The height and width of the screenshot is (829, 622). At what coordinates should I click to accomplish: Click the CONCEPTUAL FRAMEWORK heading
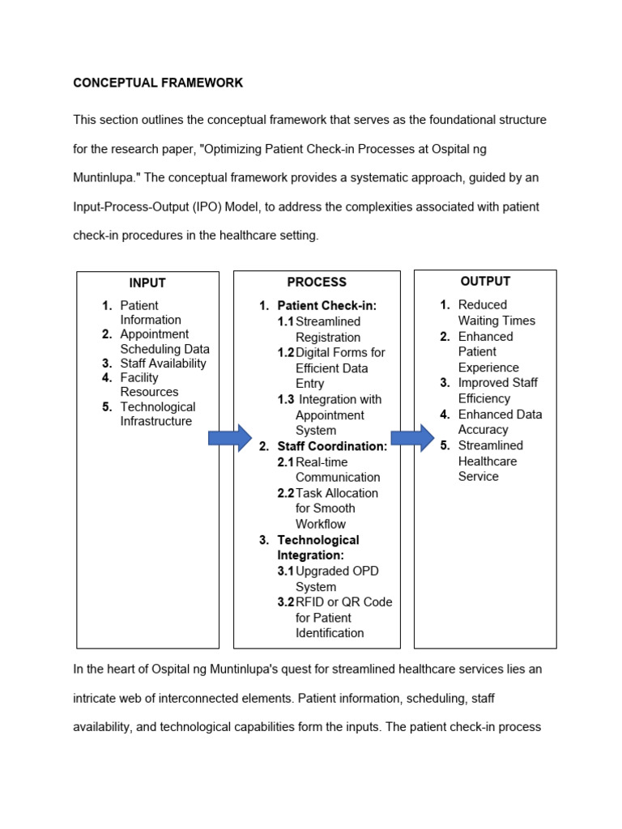coord(158,83)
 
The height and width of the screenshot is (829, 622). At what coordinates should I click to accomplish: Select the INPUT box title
coord(147,283)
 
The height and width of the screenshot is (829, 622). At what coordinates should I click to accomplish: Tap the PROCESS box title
coord(317,283)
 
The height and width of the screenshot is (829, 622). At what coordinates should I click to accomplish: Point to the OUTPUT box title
coord(485,282)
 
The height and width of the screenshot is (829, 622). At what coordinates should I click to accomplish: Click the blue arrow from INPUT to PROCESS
coord(230,438)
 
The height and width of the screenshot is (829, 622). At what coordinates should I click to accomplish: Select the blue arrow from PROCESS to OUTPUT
coord(412,438)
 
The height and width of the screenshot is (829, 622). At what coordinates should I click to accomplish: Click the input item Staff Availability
coord(163,363)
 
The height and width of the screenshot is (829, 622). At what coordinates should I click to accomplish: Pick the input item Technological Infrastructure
coord(157,414)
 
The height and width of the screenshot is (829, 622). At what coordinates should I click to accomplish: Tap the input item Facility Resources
coord(149,385)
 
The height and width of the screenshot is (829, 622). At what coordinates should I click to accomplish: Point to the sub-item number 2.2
coord(286,493)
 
